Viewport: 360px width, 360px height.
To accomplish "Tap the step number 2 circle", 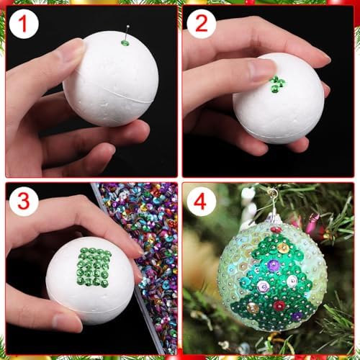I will (201, 24).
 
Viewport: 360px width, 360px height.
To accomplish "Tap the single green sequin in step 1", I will (125, 43).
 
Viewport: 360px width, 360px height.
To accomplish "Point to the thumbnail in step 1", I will (73, 53).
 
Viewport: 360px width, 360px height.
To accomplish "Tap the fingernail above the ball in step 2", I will (261, 69).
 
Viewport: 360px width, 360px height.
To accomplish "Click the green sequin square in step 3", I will (94, 266).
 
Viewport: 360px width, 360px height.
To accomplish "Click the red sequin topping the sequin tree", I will (276, 230).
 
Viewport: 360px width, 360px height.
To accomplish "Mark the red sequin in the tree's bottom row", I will (279, 305).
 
